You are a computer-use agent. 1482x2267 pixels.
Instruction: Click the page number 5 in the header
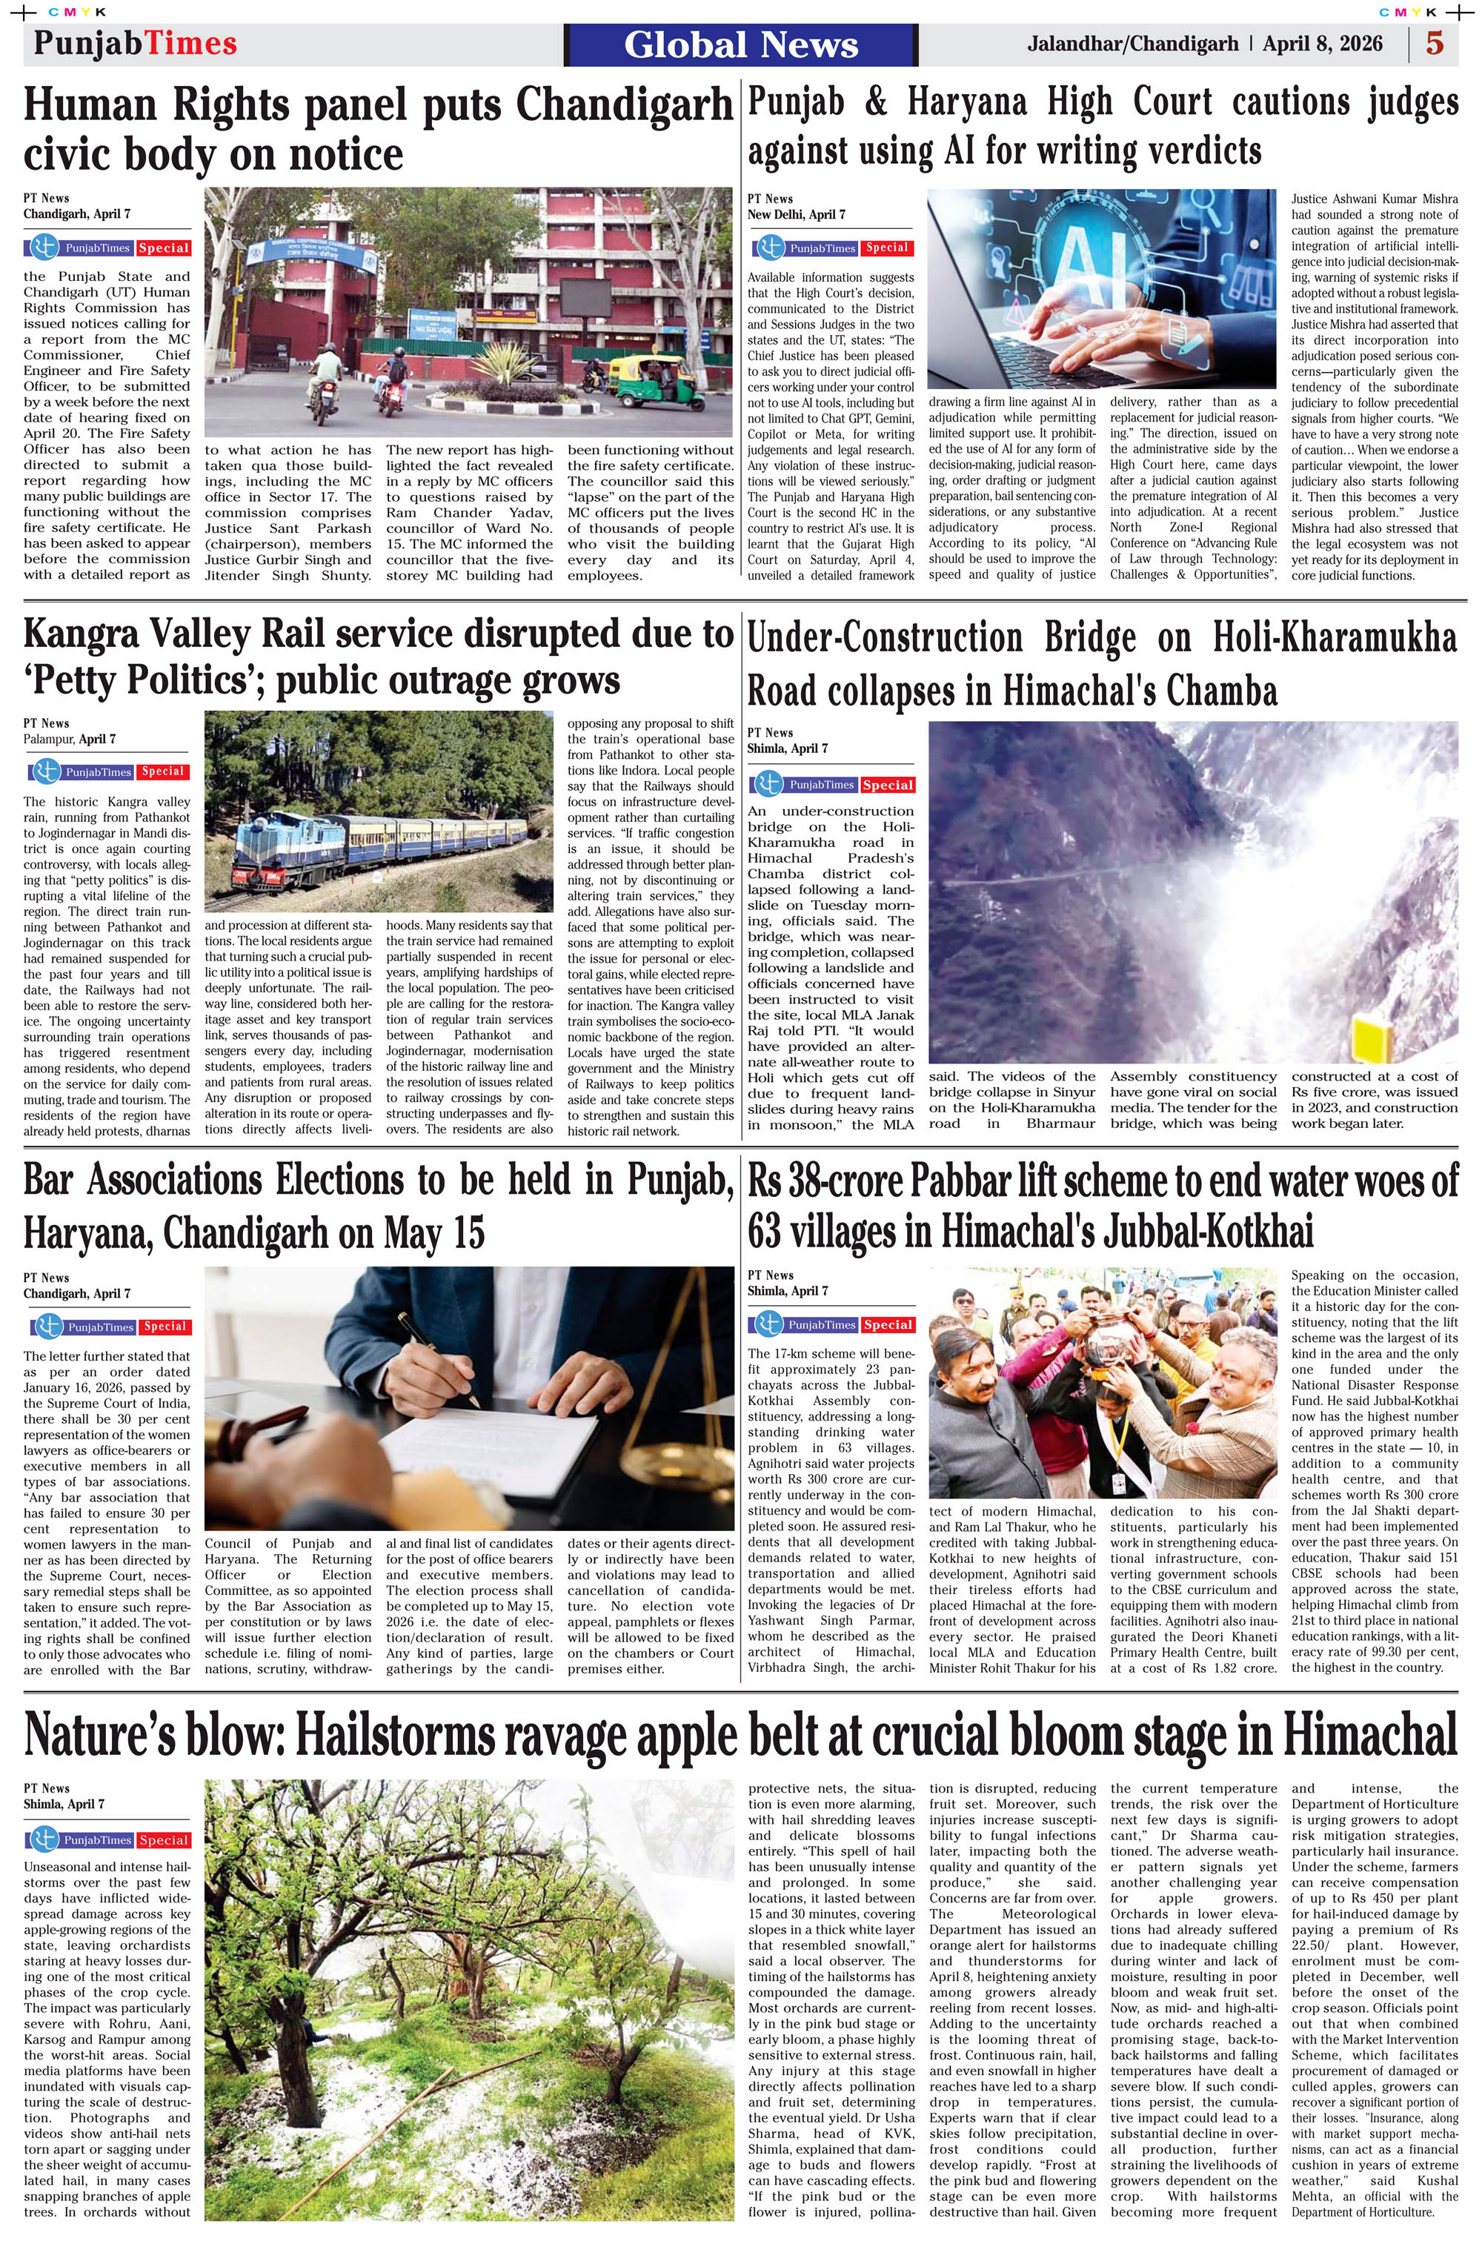1435,44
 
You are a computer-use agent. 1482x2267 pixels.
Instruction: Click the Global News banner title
741,44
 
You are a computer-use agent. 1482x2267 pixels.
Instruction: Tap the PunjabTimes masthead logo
136,44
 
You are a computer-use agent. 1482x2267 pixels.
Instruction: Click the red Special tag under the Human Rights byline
164,248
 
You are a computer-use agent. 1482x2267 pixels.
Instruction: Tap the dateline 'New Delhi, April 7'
797,215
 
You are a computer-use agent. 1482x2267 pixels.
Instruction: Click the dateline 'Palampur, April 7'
70,739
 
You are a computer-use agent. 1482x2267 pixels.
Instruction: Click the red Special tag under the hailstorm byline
164,1840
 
